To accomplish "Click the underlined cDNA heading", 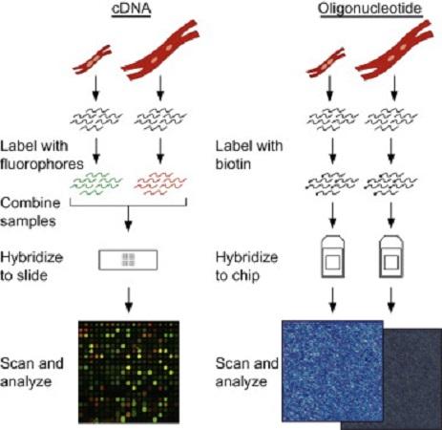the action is [131, 9].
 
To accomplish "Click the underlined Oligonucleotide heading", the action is [370, 9].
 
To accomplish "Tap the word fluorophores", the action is [42, 164].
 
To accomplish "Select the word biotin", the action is [233, 164].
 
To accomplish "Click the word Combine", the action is [31, 203].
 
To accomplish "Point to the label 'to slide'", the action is [24, 275].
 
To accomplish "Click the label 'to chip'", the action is [238, 275].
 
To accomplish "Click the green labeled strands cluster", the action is [96, 183].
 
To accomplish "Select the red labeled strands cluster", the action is [160, 183].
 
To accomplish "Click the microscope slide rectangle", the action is [128, 260].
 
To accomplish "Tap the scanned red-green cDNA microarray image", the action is [129, 372].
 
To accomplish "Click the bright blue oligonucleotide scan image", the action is [332, 371].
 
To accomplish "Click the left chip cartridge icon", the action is [332, 257].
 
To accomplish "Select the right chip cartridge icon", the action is [391, 257].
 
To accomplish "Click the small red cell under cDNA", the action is [93, 59].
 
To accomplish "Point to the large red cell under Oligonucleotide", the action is [394, 51].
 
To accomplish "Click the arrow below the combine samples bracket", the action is [128, 219].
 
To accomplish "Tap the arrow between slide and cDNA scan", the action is [129, 300].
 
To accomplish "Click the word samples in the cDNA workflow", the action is [28, 222].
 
